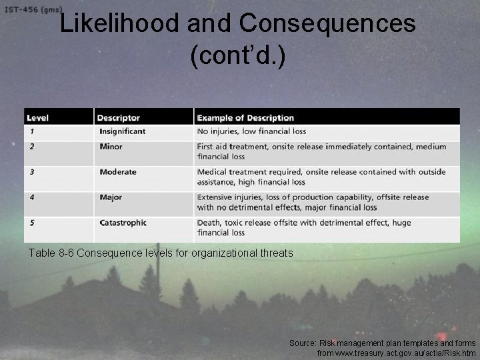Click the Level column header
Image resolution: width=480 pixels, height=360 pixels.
(39, 118)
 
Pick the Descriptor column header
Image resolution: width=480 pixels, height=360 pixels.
(118, 118)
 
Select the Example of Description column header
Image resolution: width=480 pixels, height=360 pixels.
(246, 118)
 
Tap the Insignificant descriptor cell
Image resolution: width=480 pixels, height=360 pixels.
(122, 131)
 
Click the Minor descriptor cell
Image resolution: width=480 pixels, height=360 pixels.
(111, 147)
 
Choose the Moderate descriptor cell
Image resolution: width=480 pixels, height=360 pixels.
(118, 172)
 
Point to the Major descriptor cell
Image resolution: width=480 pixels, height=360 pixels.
(111, 197)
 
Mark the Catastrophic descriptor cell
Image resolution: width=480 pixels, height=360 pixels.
(123, 223)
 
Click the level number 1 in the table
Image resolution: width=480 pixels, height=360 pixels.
(31, 131)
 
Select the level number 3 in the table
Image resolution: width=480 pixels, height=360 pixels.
(31, 172)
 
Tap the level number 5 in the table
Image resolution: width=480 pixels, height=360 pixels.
(31, 223)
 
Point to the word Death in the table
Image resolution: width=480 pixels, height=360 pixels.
(210, 223)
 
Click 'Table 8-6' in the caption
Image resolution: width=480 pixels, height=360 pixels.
(51, 253)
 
